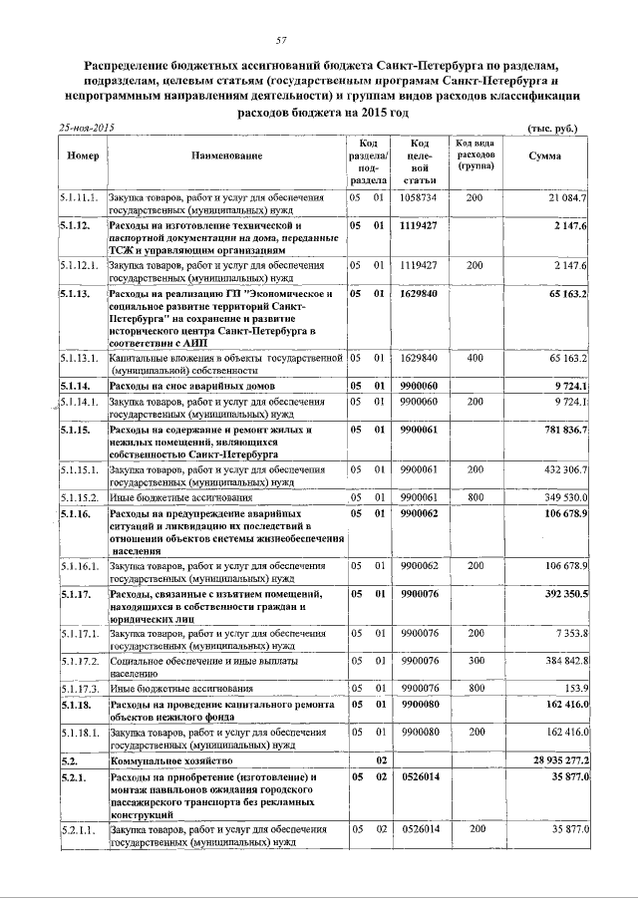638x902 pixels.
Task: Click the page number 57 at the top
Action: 281,40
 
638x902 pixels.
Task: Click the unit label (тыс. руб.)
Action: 551,129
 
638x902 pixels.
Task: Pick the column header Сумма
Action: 544,156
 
